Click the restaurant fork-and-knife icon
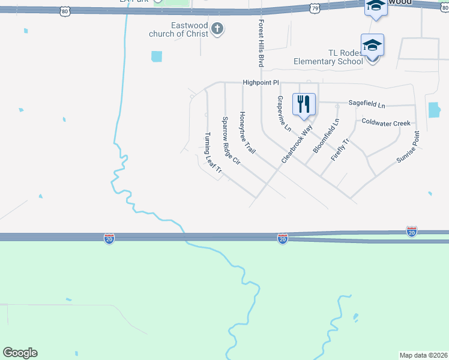pyautogui.click(x=304, y=104)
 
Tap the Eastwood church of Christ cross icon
pyautogui.click(x=217, y=28)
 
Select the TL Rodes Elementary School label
pyautogui.click(x=328, y=57)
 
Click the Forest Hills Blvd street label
pyautogui.click(x=261, y=42)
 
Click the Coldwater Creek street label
pyautogui.click(x=386, y=122)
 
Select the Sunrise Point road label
pyautogui.click(x=408, y=148)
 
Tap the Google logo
pyautogui.click(x=20, y=353)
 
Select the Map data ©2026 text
pyautogui.click(x=423, y=355)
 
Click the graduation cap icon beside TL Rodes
pyautogui.click(x=372, y=45)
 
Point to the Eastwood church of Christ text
pyautogui.click(x=181, y=30)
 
